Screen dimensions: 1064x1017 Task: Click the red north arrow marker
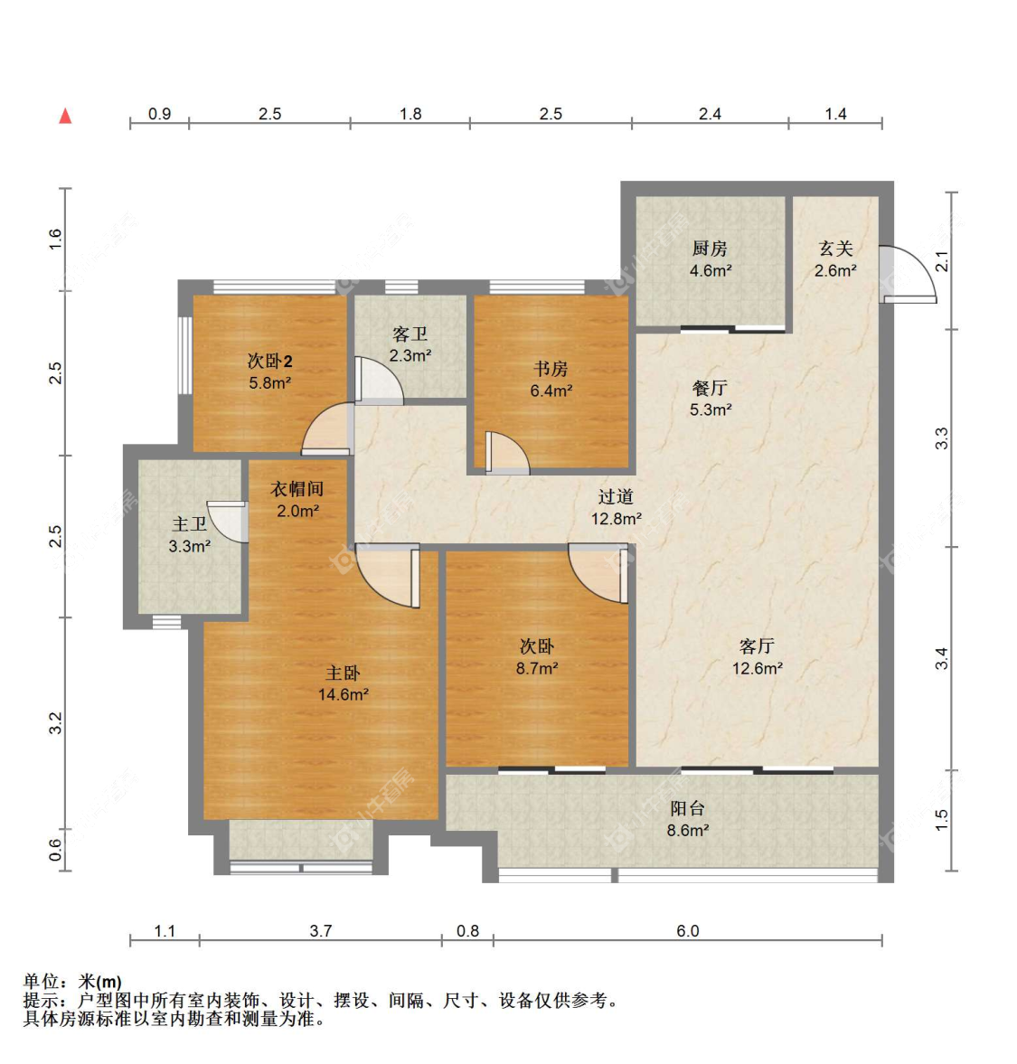pos(65,116)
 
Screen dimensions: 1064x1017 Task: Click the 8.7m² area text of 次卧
pos(536,669)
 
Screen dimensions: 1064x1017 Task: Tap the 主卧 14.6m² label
pos(343,684)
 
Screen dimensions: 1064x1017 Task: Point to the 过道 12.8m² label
pos(616,508)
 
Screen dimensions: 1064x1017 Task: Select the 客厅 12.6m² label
pos(757,657)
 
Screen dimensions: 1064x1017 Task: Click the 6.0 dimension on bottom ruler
pos(687,931)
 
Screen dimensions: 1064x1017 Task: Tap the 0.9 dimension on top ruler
pos(159,114)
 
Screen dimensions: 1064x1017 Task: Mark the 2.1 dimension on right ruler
pos(942,261)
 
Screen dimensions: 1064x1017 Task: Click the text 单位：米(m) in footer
pos(72,982)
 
